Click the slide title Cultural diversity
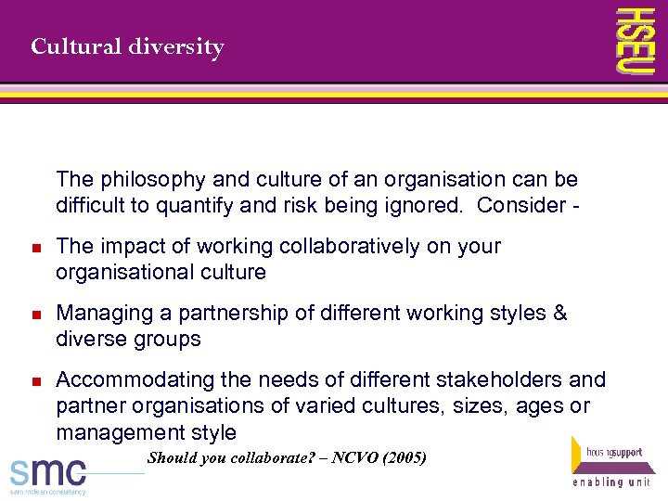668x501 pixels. click(x=127, y=46)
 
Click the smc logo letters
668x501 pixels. click(x=48, y=470)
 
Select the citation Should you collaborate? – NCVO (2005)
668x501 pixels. click(x=287, y=457)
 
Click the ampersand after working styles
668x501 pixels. click(x=559, y=314)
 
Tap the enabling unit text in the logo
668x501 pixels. click(x=610, y=483)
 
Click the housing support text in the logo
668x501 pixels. click(x=613, y=452)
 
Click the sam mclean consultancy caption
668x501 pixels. click(x=48, y=492)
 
